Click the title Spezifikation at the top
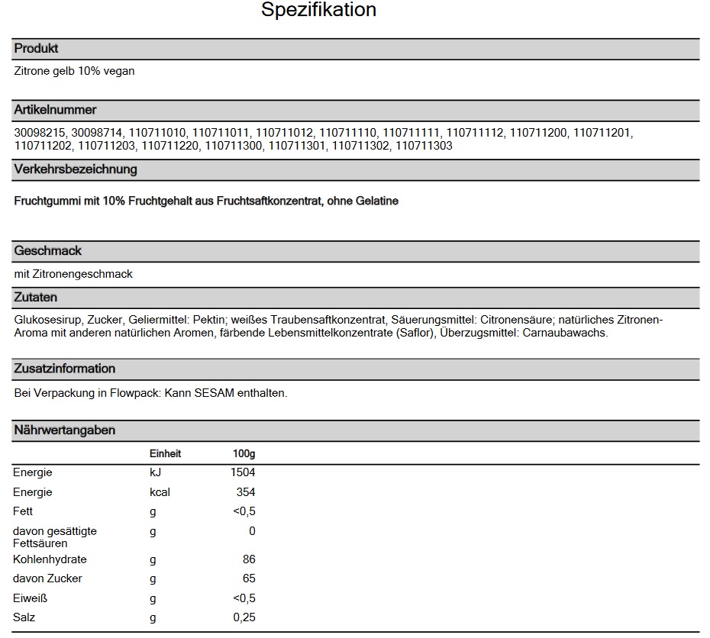[318, 11]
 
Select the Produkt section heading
[36, 49]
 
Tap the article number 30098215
[40, 133]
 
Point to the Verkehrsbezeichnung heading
[76, 169]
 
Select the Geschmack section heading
[47, 250]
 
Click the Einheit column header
[165, 454]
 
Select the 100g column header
[244, 454]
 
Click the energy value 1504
[242, 473]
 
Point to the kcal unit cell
[160, 492]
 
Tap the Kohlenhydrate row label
[50, 559]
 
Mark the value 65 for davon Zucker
[248, 578]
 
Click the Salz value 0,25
[244, 617]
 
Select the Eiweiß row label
[31, 598]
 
